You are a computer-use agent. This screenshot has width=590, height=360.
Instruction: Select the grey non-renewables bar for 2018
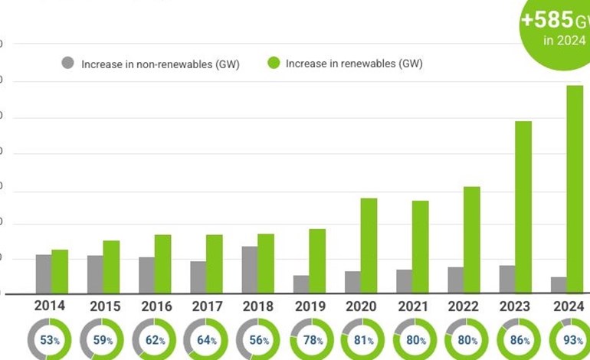pos(250,269)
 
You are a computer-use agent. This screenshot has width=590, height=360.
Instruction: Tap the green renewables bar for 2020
pos(369,245)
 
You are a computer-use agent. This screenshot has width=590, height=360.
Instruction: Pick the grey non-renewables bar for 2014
pos(44,273)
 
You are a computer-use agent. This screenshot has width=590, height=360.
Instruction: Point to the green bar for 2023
pos(523,207)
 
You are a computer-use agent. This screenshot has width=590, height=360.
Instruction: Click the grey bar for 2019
pos(301,283)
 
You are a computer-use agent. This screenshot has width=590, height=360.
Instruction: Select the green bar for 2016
pos(162,263)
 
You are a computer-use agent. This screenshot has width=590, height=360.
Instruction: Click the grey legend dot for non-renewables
pos(68,64)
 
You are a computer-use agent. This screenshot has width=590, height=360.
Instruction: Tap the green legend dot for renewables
pos(273,64)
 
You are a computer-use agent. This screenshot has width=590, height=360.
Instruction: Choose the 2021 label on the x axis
pos(414,306)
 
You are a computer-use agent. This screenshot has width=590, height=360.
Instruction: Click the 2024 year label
pos(568,306)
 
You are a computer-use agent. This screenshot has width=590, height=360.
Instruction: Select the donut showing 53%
pos(50,340)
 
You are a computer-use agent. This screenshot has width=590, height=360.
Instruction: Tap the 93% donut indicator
pos(568,340)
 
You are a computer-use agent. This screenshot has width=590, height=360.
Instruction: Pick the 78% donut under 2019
pos(311,340)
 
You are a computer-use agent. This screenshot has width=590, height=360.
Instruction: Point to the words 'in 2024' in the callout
pos(559,41)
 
